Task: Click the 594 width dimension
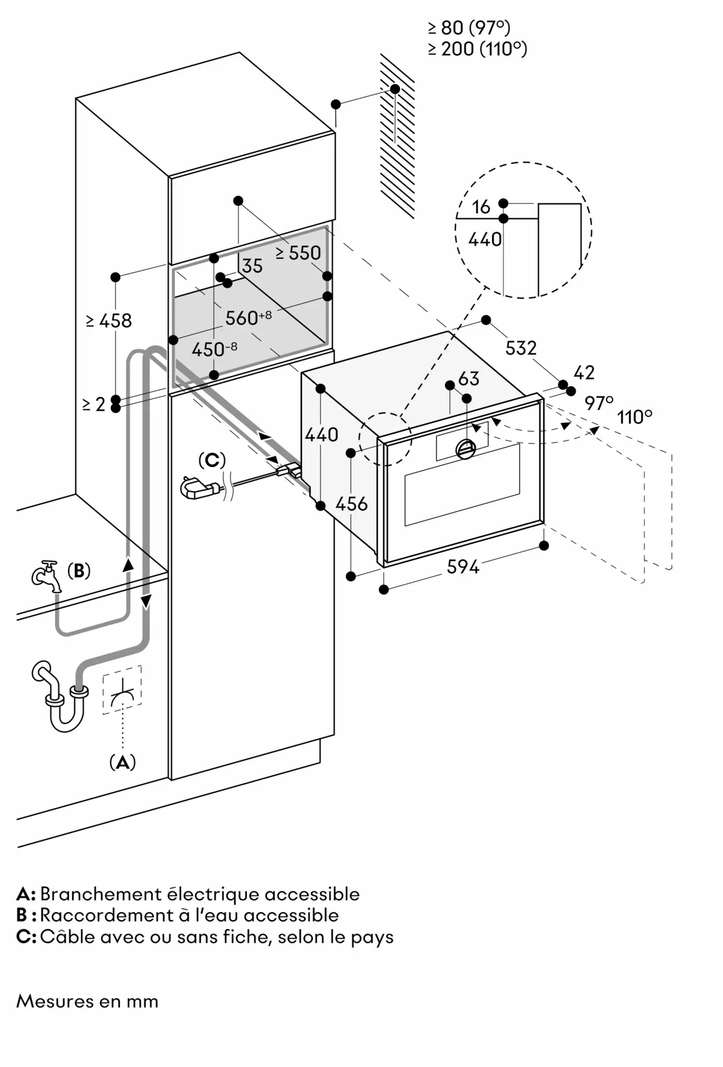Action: tap(463, 566)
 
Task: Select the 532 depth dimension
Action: tap(520, 348)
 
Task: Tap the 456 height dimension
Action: tap(352, 503)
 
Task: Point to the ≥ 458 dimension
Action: tap(109, 321)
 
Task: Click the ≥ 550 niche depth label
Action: tap(299, 253)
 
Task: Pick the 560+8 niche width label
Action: tap(248, 318)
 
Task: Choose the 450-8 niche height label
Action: tap(214, 349)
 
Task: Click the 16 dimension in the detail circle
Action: tap(481, 207)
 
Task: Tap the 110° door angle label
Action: tap(634, 416)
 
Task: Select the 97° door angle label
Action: tap(599, 403)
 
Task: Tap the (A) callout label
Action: tap(122, 762)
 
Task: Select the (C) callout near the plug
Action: tap(212, 459)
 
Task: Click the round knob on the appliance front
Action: tap(465, 449)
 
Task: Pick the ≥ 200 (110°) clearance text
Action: tap(477, 49)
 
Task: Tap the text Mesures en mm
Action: tap(87, 1001)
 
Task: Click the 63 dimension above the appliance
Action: tap(469, 378)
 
